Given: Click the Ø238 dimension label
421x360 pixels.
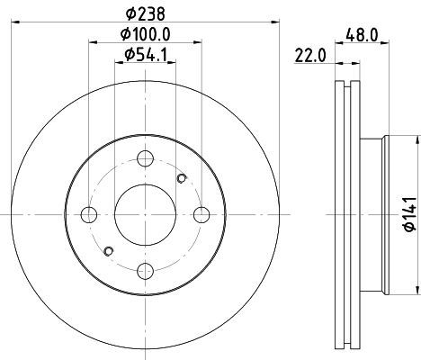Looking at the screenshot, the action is click(146, 13).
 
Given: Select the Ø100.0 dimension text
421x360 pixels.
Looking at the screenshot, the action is click(146, 34).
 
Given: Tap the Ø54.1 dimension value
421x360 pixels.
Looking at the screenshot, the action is click(146, 55).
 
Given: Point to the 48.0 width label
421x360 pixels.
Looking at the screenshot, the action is click(362, 35).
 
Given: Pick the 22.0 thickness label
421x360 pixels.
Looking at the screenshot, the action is click(309, 56).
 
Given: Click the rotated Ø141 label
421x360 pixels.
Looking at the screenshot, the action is click(410, 214).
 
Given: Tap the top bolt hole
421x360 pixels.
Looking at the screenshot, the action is click(145, 158).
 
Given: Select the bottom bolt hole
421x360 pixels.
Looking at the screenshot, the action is click(145, 271).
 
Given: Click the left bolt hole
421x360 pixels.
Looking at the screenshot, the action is click(89, 215).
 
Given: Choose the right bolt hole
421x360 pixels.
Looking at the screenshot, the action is click(202, 215).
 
